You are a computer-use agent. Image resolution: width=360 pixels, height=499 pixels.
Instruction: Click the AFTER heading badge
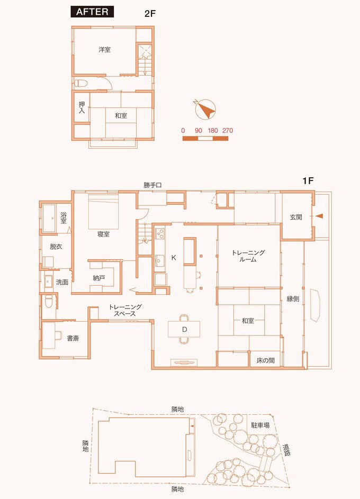[92, 12]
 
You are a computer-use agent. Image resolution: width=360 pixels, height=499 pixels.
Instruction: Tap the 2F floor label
[149, 14]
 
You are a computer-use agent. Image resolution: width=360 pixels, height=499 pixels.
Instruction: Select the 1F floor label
[308, 181]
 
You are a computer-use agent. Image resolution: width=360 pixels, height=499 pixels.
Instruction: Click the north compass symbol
[205, 109]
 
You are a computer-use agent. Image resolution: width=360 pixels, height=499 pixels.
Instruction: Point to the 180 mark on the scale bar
[213, 131]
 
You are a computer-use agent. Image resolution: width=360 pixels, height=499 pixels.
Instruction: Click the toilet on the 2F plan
[81, 84]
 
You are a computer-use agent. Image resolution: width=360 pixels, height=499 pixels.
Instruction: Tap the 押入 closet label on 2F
[82, 107]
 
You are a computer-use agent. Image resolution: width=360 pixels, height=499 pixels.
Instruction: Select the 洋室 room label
[104, 50]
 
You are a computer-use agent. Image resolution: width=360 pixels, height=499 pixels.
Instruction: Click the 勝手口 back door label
[153, 185]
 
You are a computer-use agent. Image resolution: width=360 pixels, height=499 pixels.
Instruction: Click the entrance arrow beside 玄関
[319, 216]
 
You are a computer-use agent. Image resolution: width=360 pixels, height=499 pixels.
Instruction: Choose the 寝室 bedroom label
[103, 234]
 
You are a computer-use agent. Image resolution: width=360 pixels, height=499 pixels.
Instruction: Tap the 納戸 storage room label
[99, 278]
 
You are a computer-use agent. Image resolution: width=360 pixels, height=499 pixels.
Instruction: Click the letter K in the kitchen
[174, 258]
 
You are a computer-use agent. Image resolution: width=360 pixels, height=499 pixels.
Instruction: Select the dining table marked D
[184, 329]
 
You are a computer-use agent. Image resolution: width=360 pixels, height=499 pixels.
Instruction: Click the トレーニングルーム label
[248, 256]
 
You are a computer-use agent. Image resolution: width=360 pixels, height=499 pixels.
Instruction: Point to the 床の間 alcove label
[265, 360]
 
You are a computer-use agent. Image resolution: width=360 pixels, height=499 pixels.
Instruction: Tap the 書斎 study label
[73, 338]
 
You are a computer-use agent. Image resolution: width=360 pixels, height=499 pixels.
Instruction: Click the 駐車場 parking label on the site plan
[260, 425]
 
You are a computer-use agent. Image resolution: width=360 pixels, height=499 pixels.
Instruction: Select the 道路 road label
[286, 450]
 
